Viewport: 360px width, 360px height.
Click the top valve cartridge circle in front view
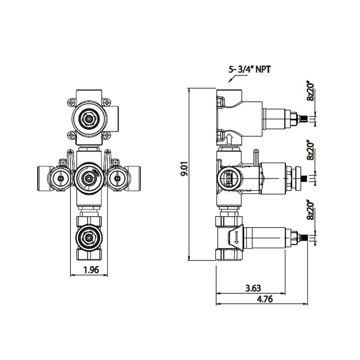(89, 118)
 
